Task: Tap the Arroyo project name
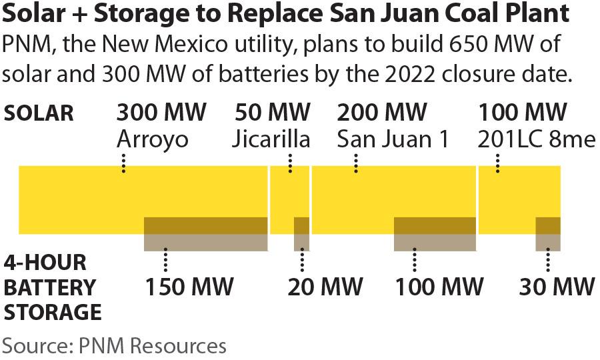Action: click(x=152, y=139)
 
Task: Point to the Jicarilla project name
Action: click(x=271, y=139)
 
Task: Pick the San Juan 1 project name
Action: click(x=393, y=139)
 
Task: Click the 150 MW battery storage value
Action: click(x=190, y=287)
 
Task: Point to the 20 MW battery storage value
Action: click(x=325, y=287)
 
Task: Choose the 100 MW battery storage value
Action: click(x=439, y=287)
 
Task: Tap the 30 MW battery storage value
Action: click(x=557, y=287)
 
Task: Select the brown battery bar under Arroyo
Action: click(x=206, y=234)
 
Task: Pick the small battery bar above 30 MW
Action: click(x=548, y=234)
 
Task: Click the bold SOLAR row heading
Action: click(x=39, y=113)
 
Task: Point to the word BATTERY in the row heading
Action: click(x=50, y=287)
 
